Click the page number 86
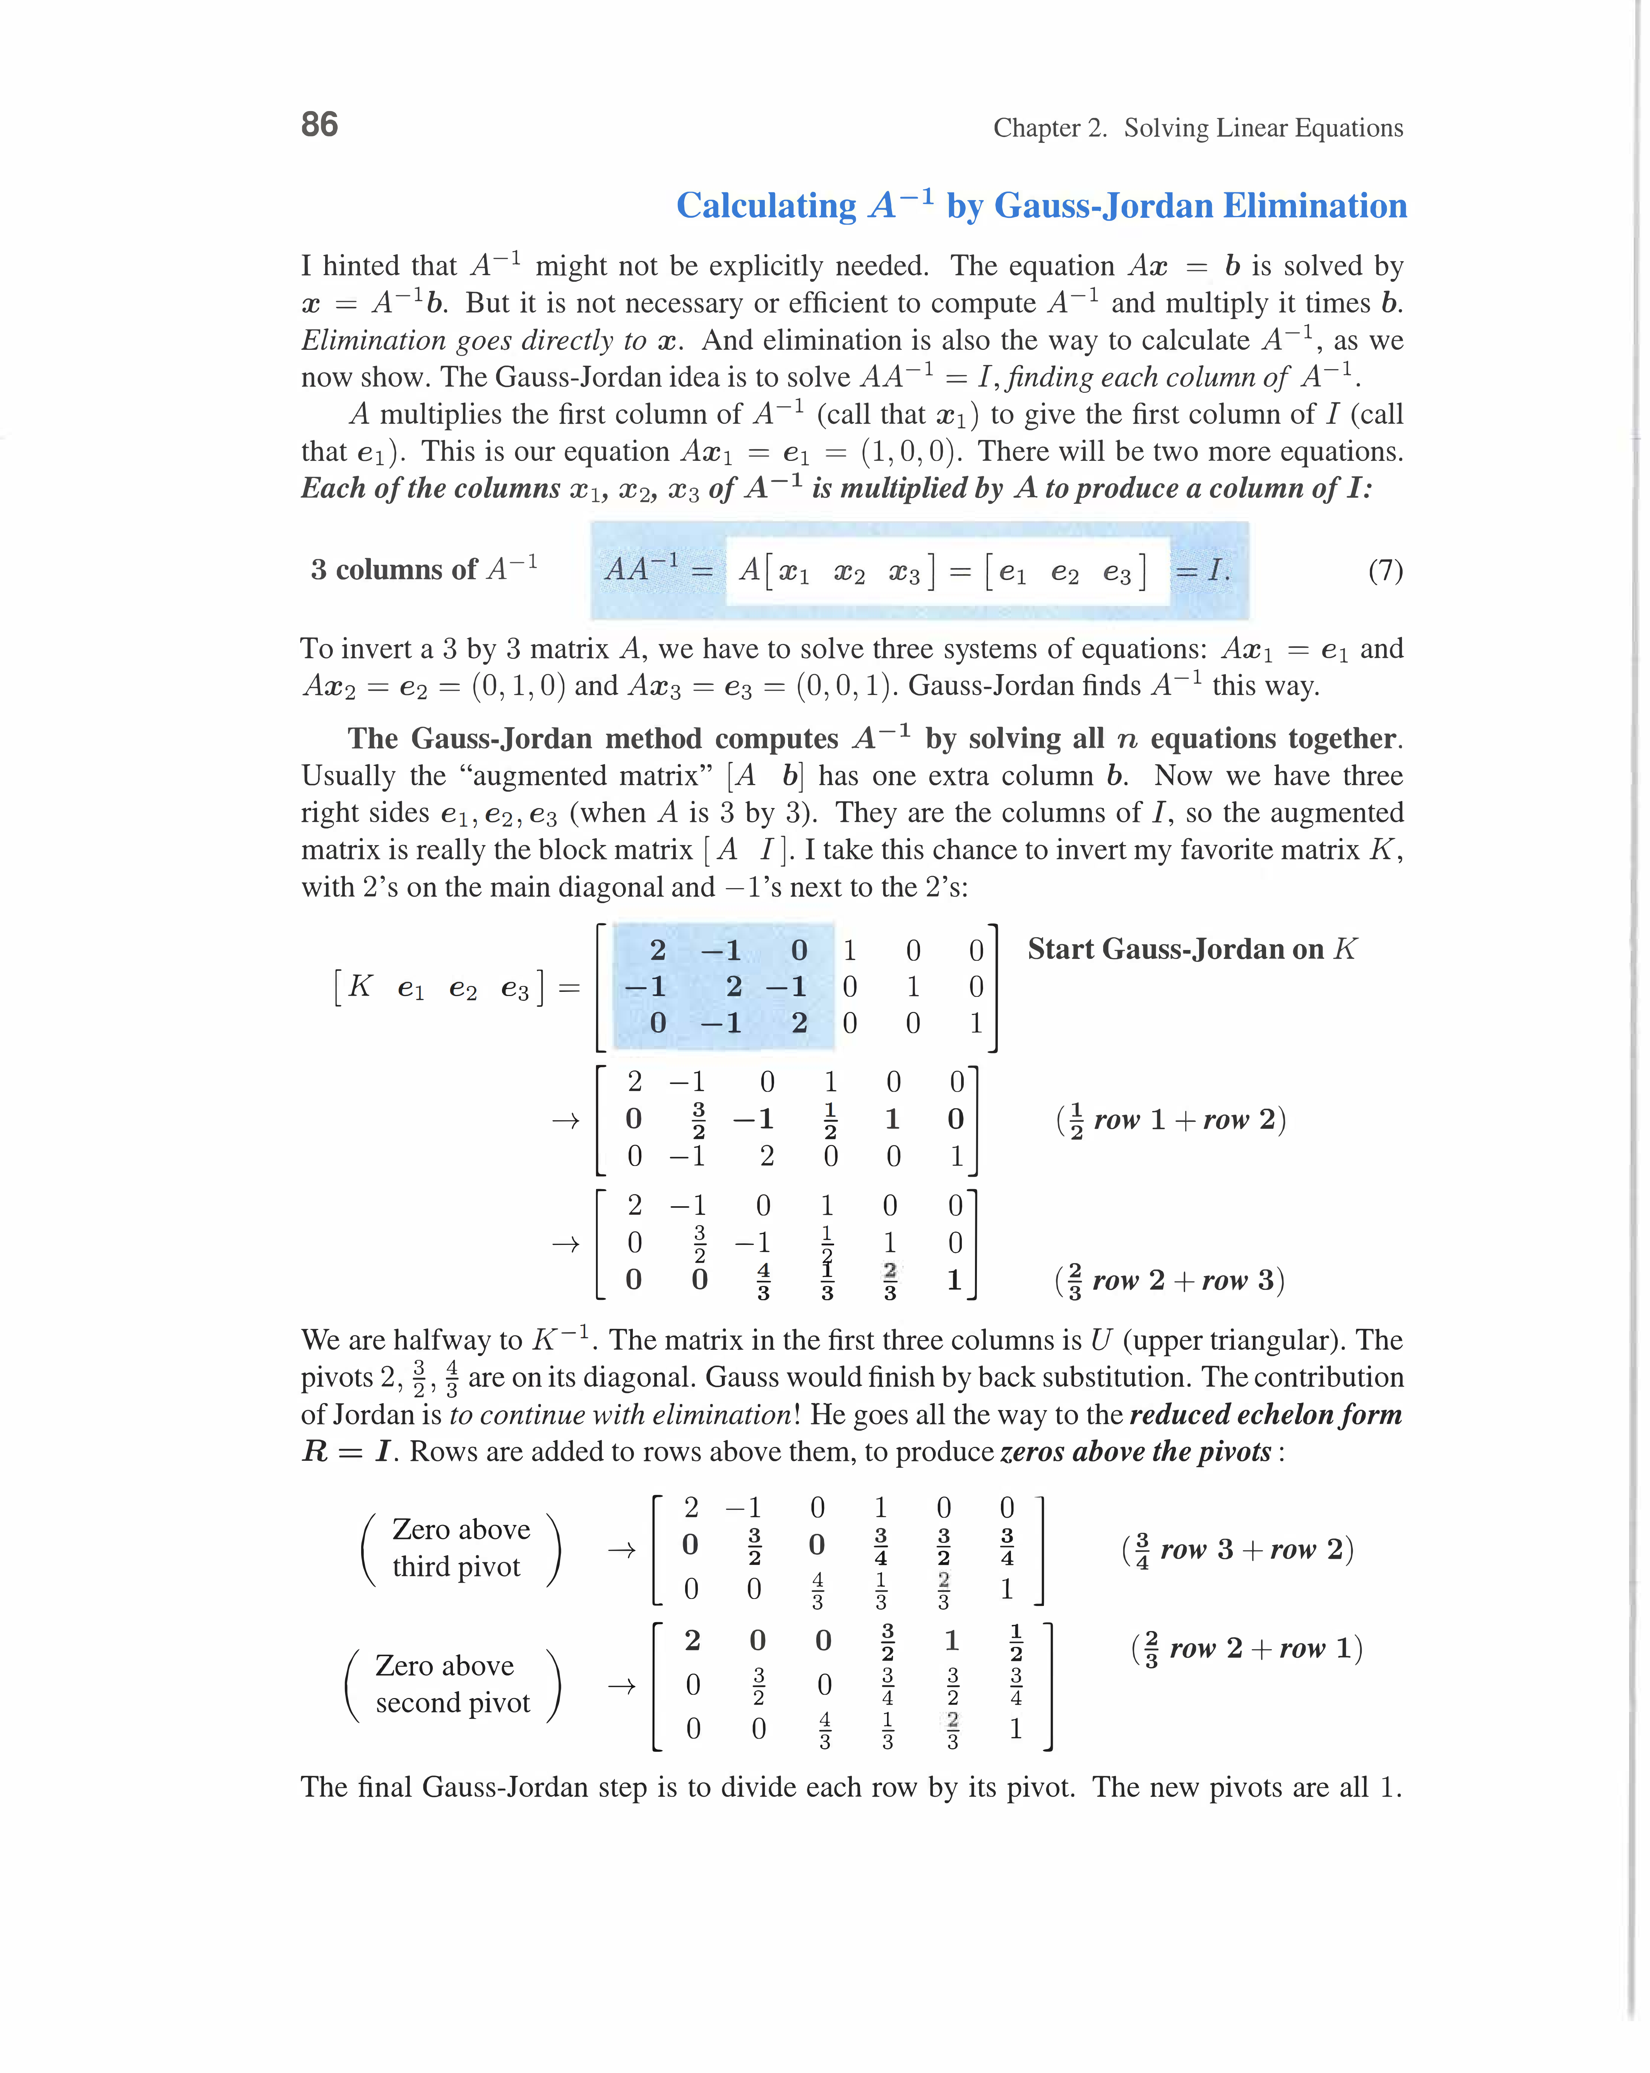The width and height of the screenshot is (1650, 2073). [319, 125]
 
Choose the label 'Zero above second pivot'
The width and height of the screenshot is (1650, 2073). [452, 1684]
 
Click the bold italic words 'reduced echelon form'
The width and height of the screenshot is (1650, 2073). [1265, 1415]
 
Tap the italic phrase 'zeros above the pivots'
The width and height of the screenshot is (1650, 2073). [1136, 1452]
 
